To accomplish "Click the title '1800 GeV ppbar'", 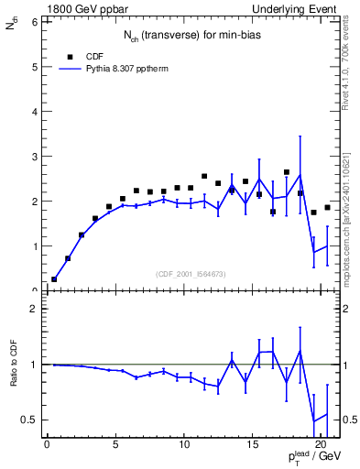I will coord(78,8).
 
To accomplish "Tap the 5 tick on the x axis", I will coord(115,447).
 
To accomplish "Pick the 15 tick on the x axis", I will coord(252,447).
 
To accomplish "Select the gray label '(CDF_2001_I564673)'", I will coord(191,275).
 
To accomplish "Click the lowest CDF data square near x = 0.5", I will coord(54,279).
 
